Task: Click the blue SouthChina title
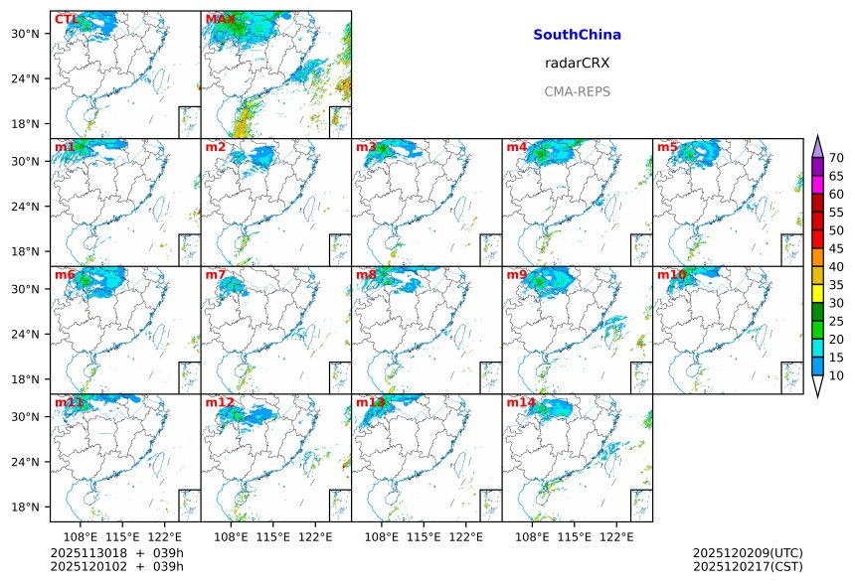[x=577, y=35]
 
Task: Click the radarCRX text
[x=577, y=63]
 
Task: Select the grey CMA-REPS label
[x=577, y=91]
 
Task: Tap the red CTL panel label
[x=67, y=20]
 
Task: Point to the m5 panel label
[x=667, y=147]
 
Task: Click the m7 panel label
[x=216, y=275]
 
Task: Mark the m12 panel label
[x=220, y=402]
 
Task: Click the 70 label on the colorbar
[x=836, y=158]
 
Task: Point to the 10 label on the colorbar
[x=836, y=375]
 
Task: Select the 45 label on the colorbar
[x=836, y=248]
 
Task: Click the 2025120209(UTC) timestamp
[x=748, y=553]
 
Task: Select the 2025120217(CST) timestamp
[x=748, y=566]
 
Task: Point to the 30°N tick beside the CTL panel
[x=34, y=34]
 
